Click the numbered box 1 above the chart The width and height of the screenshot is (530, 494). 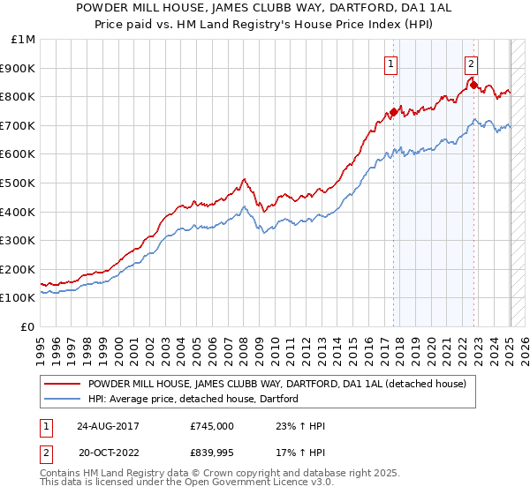(x=390, y=64)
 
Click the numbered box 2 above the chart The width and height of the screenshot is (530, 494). (x=472, y=64)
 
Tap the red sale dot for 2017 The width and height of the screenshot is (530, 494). (x=393, y=112)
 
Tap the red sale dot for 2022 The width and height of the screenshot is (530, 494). (x=474, y=86)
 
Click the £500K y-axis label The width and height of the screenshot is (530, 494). (x=19, y=183)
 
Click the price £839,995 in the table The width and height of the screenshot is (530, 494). (x=212, y=453)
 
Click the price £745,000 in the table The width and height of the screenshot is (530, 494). (x=212, y=425)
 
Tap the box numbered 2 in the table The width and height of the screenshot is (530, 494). (x=45, y=453)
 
